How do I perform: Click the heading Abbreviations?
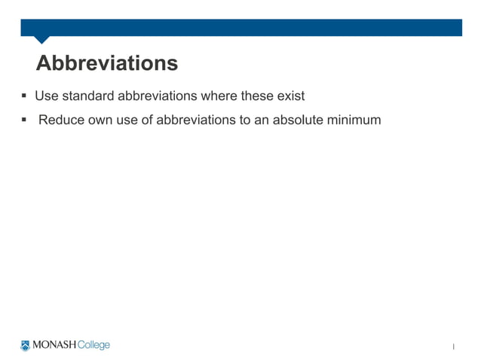pyautogui.click(x=107, y=63)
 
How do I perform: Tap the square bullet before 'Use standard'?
pyautogui.click(x=24, y=96)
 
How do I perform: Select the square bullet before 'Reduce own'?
pyautogui.click(x=24, y=119)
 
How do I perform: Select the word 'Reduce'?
pyautogui.click(x=60, y=119)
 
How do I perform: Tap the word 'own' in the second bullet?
pyautogui.click(x=100, y=119)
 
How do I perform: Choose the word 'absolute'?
pyautogui.click(x=298, y=119)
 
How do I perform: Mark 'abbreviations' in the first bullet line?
pyautogui.click(x=157, y=96)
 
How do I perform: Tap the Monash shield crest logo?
pyautogui.click(x=26, y=346)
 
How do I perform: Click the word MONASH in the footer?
pyautogui.click(x=54, y=346)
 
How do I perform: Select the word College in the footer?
pyautogui.click(x=93, y=346)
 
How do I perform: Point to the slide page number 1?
pyautogui.click(x=454, y=346)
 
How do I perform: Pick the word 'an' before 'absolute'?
pyautogui.click(x=261, y=119)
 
